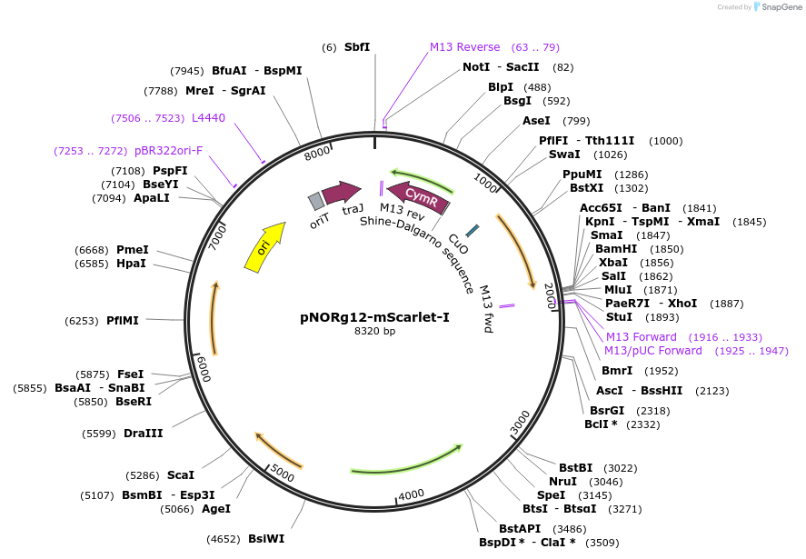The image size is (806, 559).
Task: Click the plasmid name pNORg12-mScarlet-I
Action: pos(374,317)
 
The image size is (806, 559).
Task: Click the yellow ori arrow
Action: pos(264,246)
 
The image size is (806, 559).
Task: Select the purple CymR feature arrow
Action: pos(414,195)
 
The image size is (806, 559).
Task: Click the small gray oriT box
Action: pos(315,200)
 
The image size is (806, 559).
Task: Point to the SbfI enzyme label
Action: pos(357,47)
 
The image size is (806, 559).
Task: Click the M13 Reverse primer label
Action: pos(464,47)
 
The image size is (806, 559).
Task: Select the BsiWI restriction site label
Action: pos(266,538)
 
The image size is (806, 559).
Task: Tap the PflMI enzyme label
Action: pos(122,320)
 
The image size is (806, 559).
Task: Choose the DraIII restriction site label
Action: pos(143,433)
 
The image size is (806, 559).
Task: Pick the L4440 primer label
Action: pos(208,117)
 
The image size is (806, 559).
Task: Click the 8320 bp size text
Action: pos(374,331)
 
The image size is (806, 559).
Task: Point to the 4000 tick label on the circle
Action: pos(412,494)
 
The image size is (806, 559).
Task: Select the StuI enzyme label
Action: pos(619,317)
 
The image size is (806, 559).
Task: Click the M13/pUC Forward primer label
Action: pos(652,351)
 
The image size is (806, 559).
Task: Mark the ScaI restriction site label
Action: pos(180,474)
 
